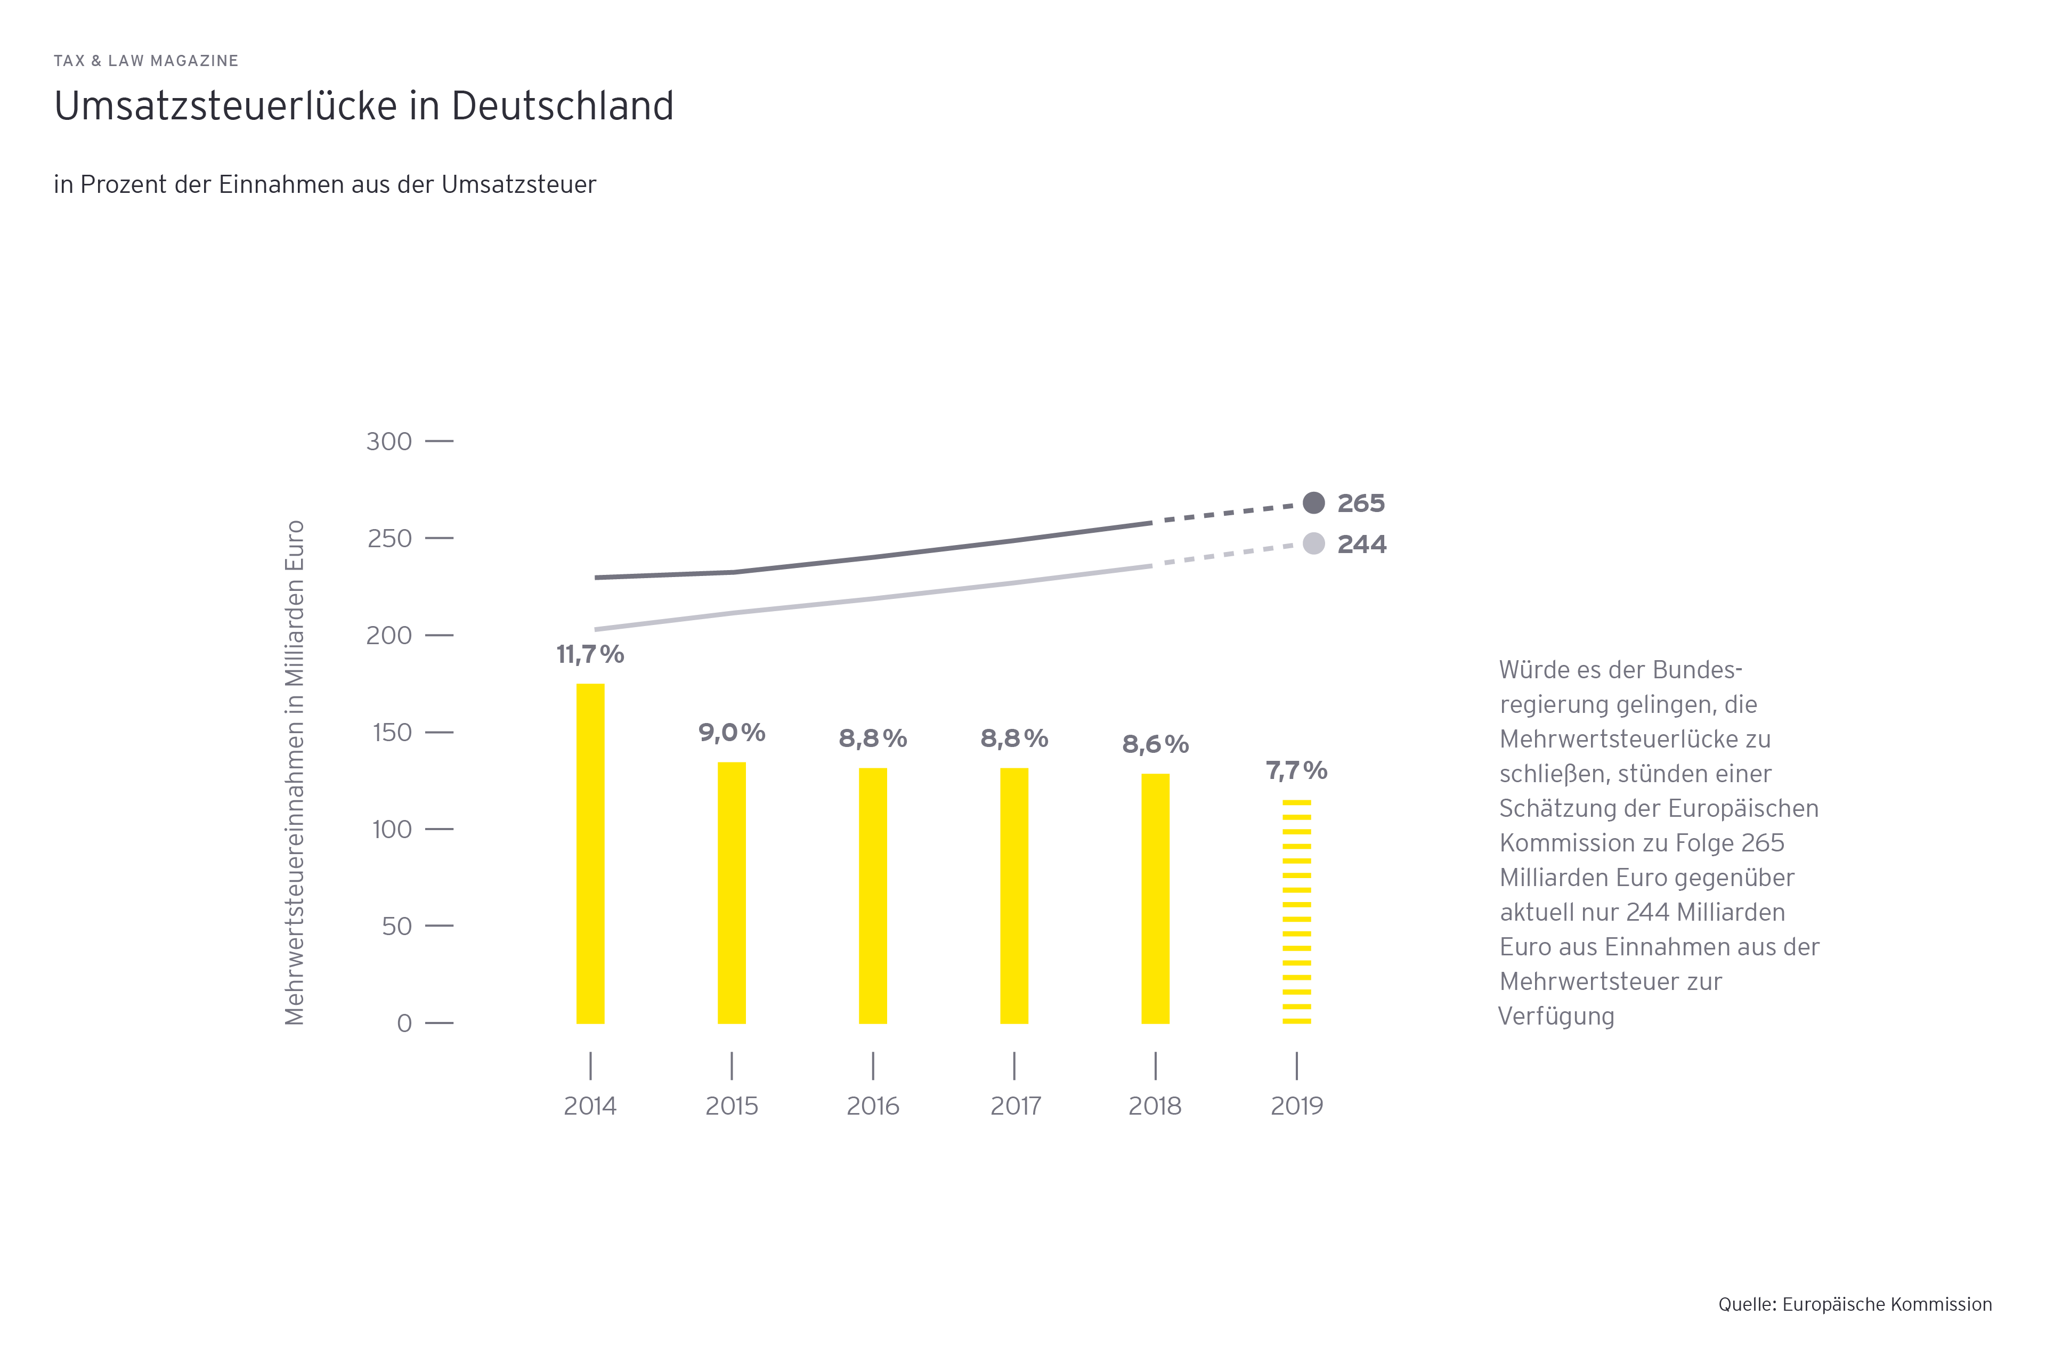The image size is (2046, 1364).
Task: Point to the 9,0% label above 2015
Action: coord(732,733)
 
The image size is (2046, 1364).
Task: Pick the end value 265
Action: coord(1361,503)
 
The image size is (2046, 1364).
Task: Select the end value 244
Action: coord(1361,545)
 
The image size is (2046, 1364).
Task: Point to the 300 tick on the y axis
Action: coord(389,442)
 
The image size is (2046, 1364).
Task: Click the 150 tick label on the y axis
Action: coord(392,733)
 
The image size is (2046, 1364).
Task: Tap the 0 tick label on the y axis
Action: coord(404,1023)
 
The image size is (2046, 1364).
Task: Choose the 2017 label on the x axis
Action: coord(1015,1107)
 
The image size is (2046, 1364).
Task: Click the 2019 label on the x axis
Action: coord(1296,1107)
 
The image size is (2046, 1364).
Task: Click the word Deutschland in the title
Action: coord(562,106)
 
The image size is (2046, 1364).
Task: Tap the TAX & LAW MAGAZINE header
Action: coord(146,61)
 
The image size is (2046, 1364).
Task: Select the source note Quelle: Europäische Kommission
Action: coord(1855,1304)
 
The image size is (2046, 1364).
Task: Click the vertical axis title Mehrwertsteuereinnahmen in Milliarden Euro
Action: coord(295,773)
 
